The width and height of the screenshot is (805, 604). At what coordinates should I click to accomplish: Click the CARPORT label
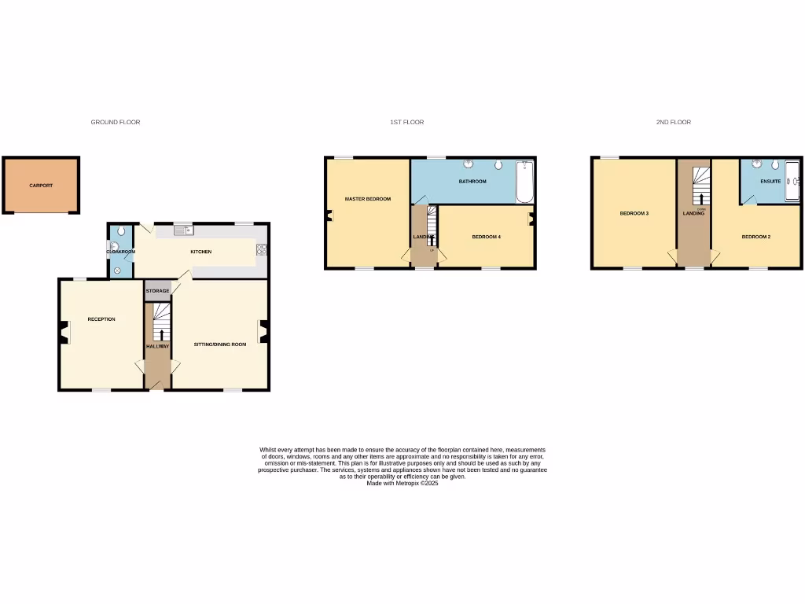pos(41,186)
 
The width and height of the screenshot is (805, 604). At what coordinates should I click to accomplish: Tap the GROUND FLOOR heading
pos(116,123)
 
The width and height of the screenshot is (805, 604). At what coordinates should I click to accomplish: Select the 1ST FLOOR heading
pos(406,123)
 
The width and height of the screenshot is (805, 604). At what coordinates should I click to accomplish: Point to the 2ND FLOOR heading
pos(674,123)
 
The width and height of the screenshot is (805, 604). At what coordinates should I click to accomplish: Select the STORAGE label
pos(157,291)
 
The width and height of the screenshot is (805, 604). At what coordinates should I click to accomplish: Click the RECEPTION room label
pos(101,319)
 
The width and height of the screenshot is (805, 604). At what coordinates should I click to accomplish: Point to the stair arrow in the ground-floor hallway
pos(162,334)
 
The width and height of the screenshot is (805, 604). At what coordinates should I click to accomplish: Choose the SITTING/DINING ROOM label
pos(220,344)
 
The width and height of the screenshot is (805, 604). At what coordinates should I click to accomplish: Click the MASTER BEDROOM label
pos(367,199)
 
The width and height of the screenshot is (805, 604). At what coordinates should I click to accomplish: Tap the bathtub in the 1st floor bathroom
pos(524,181)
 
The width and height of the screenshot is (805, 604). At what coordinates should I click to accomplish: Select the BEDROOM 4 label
pos(486,237)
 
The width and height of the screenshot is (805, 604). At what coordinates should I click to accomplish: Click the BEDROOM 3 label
pos(634,213)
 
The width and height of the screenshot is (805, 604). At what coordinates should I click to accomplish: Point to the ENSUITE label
pos(770,182)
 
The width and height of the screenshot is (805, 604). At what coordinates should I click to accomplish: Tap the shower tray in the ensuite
pos(792,181)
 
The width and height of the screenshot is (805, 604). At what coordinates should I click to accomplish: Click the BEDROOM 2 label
pos(755,237)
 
